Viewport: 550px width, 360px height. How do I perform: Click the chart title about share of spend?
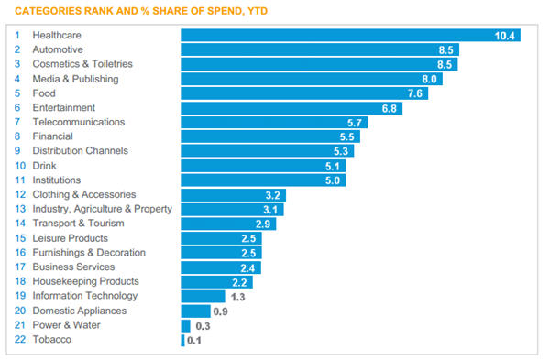pyautogui.click(x=141, y=11)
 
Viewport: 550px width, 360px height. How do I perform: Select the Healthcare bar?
pyautogui.click(x=351, y=36)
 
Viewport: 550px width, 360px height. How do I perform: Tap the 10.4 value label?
pyautogui.click(x=504, y=36)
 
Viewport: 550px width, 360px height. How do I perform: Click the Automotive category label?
pyautogui.click(x=58, y=49)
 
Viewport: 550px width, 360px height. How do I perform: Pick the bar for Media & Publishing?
pyautogui.click(x=312, y=79)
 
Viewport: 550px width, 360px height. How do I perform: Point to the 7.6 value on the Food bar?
pyautogui.click(x=415, y=93)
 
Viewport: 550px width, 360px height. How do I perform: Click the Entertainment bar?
pyautogui.click(x=291, y=108)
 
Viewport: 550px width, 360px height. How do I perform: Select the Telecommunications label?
pyautogui.click(x=79, y=122)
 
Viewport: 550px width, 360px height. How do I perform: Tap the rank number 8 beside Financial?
pyautogui.click(x=17, y=136)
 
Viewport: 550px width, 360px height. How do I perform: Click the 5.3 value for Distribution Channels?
pyautogui.click(x=341, y=151)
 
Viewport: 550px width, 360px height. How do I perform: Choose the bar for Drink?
pyautogui.click(x=263, y=166)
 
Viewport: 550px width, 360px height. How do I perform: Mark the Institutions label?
pyautogui.click(x=57, y=180)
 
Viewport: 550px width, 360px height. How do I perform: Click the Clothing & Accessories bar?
pyautogui.click(x=233, y=195)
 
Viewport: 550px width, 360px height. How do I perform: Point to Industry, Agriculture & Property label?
pyautogui.click(x=102, y=209)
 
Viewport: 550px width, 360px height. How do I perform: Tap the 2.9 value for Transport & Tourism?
pyautogui.click(x=263, y=224)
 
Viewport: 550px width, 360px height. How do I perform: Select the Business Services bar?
pyautogui.click(x=221, y=267)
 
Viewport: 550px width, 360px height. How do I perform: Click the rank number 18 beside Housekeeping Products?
pyautogui.click(x=20, y=281)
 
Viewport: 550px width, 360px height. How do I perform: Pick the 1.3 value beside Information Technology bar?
pyautogui.click(x=237, y=298)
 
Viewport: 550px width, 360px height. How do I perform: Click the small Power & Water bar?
pyautogui.click(x=185, y=325)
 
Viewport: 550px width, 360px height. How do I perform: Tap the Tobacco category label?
pyautogui.click(x=52, y=340)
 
